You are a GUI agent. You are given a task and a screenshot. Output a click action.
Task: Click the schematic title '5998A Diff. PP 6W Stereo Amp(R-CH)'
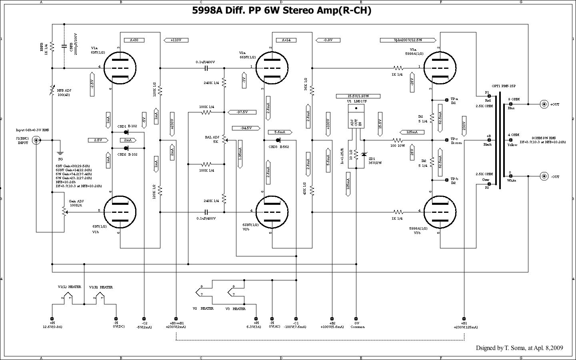click(282, 11)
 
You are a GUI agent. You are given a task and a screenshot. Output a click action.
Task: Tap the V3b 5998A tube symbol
click(440, 212)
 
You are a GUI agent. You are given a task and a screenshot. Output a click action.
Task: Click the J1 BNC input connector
click(36, 140)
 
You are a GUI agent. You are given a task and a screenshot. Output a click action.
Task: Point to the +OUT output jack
click(544, 104)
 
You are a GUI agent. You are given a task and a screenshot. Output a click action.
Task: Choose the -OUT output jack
click(544, 176)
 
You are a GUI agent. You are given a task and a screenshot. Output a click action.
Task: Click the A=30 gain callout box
click(134, 40)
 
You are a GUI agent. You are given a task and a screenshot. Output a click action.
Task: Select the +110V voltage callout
click(176, 40)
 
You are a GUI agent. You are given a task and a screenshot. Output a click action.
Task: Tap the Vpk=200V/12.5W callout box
click(408, 40)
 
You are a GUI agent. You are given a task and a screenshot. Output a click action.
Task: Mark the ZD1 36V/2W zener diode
click(364, 154)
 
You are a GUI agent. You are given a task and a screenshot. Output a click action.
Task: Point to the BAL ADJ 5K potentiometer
click(224, 140)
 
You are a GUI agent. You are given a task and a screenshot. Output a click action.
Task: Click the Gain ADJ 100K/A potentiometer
click(64, 211)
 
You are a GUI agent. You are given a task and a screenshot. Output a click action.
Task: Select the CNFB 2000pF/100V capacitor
click(64, 46)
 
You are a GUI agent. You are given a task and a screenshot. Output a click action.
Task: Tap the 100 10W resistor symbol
click(398, 140)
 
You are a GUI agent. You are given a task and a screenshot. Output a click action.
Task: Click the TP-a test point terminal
click(447, 100)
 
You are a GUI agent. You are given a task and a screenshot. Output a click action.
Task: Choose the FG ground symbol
click(60, 153)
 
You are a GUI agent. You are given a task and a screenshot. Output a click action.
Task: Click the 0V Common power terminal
click(356, 318)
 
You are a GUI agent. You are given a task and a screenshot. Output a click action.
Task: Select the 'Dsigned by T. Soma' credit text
click(519, 348)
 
